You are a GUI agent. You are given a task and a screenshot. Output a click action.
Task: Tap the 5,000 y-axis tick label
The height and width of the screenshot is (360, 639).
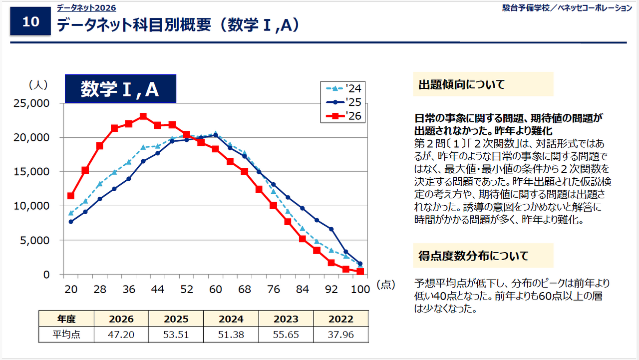[35, 240]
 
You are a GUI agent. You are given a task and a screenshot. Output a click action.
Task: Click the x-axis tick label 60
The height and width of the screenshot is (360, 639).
[216, 290]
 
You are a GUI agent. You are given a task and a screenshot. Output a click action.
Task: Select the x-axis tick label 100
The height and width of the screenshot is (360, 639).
[360, 290]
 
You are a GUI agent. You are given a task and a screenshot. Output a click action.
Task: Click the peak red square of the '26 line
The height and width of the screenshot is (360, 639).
[143, 116]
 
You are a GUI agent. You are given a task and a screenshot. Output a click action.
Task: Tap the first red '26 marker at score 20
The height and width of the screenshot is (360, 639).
[71, 196]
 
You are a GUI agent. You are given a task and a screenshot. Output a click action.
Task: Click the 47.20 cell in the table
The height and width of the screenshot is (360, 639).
[122, 335]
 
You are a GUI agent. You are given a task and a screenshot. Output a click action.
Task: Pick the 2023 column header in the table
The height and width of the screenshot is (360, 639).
[286, 319]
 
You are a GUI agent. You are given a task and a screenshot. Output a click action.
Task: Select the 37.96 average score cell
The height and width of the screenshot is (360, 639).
[340, 335]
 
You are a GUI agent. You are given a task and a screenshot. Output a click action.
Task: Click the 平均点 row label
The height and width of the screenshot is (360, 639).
[66, 335]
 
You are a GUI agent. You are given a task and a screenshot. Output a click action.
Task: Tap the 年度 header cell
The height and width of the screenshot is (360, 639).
[66, 319]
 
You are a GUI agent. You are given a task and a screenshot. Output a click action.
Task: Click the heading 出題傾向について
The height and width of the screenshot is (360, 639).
[461, 84]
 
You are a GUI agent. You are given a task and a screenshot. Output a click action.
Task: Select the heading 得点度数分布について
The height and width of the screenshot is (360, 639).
[473, 256]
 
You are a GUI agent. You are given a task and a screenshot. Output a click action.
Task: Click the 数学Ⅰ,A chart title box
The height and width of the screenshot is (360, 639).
[120, 89]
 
